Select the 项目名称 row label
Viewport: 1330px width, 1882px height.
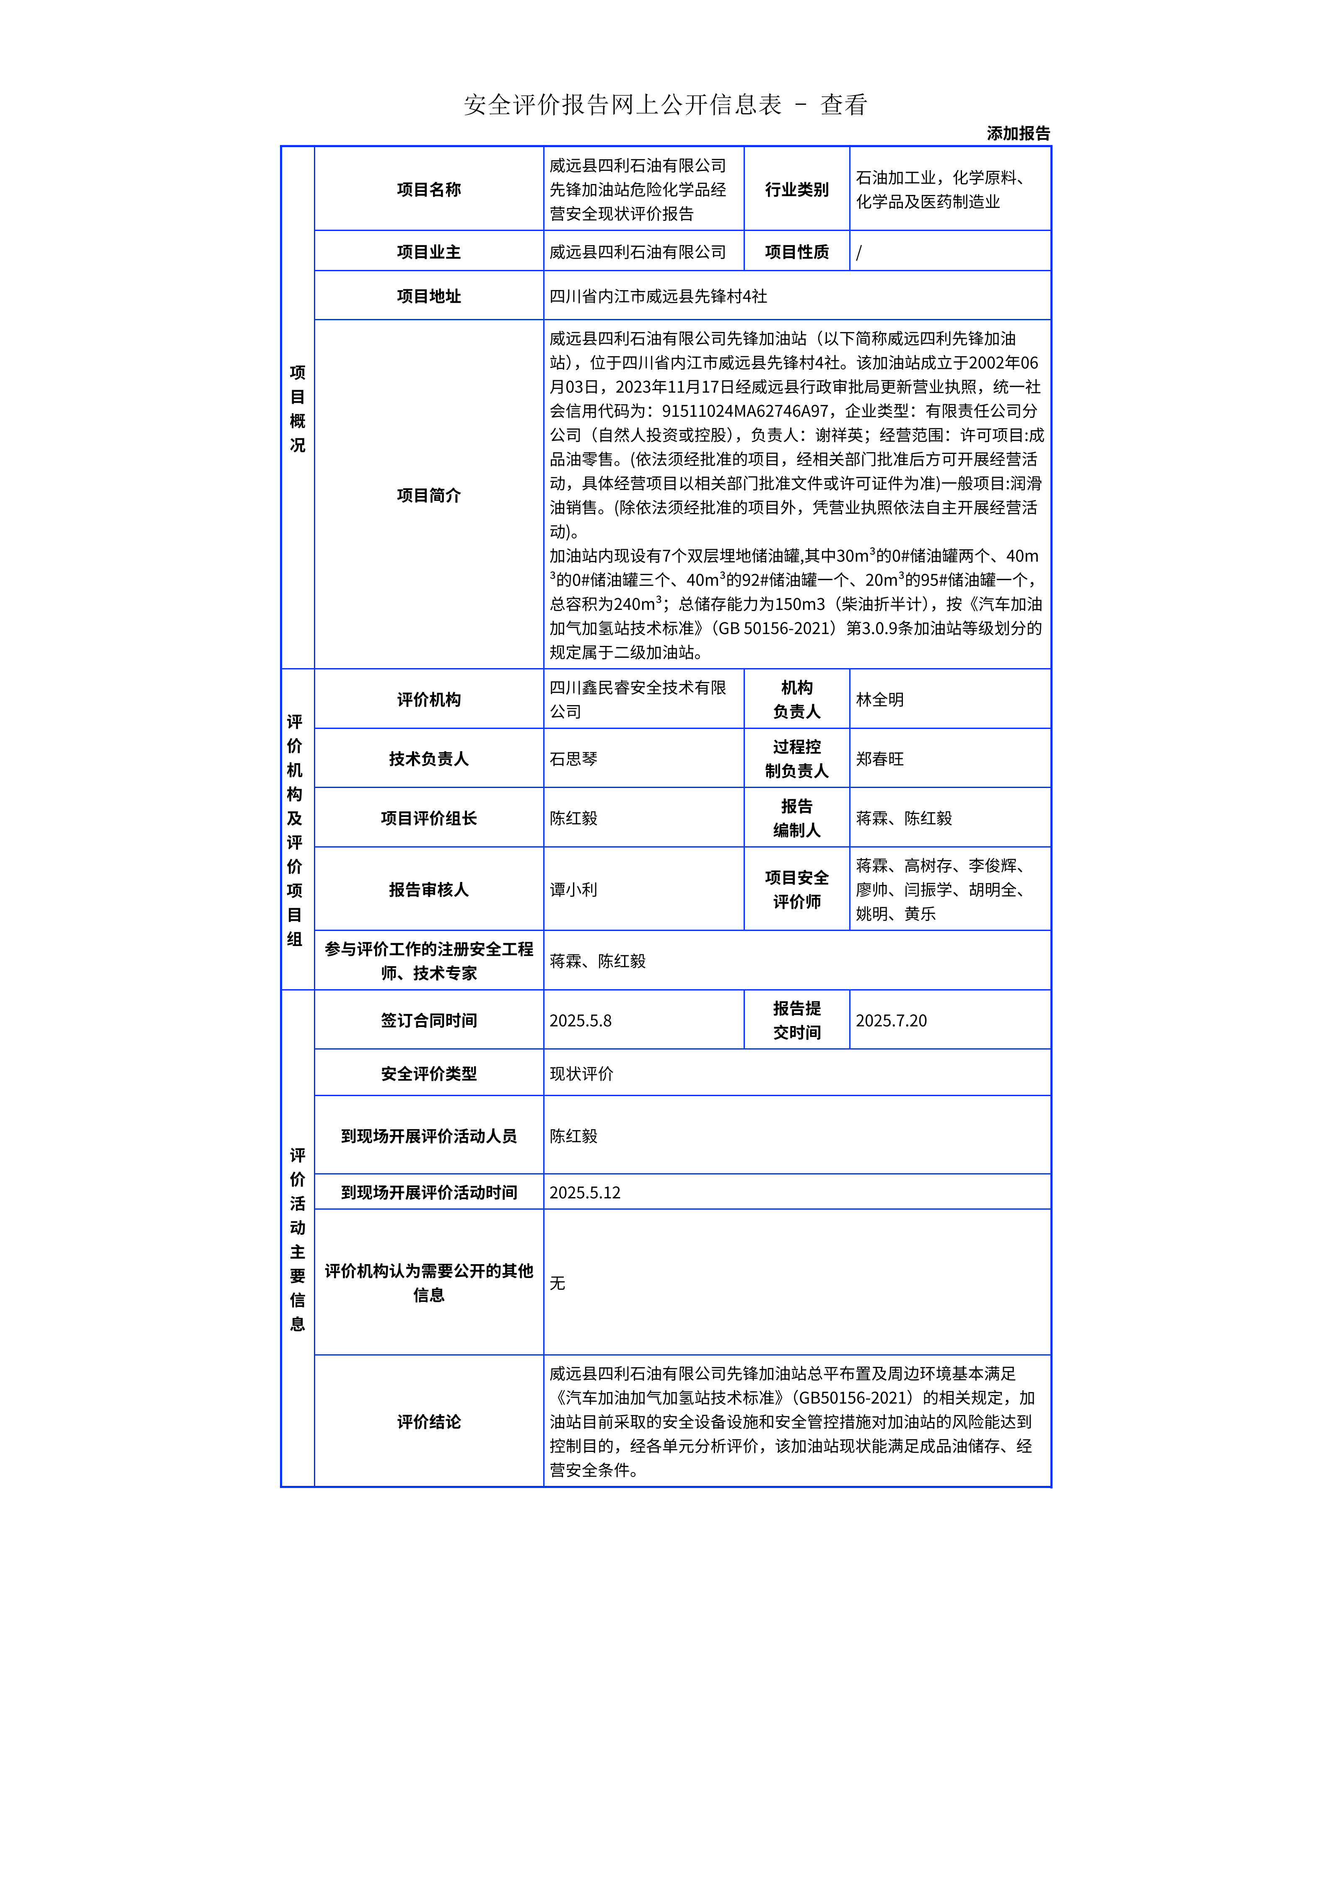(428, 189)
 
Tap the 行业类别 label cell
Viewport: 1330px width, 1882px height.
(796, 189)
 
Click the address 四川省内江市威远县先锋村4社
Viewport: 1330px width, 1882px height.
(658, 296)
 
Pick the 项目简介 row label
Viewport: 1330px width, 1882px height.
(428, 495)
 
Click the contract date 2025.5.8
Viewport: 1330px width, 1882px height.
(580, 1021)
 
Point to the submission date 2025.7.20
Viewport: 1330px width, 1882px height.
(891, 1021)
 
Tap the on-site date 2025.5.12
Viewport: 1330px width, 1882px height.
(584, 1192)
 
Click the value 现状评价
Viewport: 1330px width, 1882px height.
(581, 1074)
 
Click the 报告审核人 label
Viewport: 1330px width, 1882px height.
(428, 889)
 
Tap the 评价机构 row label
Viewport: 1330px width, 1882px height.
(428, 699)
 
